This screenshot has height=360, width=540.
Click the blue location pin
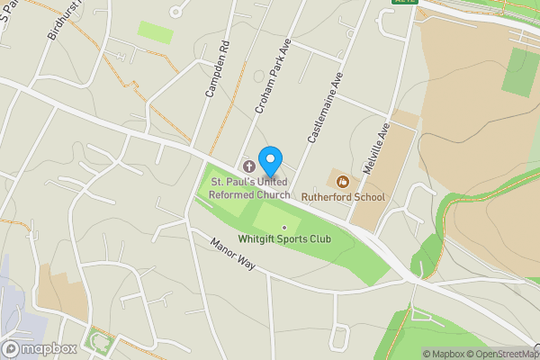coord(269,162)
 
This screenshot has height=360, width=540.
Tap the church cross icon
coord(249,167)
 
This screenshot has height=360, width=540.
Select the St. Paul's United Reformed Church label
coord(250,188)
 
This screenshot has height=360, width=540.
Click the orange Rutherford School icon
coord(342,181)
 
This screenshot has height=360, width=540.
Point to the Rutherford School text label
coord(343,197)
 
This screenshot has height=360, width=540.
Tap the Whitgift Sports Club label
coord(284,238)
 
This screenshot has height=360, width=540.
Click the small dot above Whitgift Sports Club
coord(284,227)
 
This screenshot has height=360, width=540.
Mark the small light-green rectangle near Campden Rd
coord(156,31)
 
